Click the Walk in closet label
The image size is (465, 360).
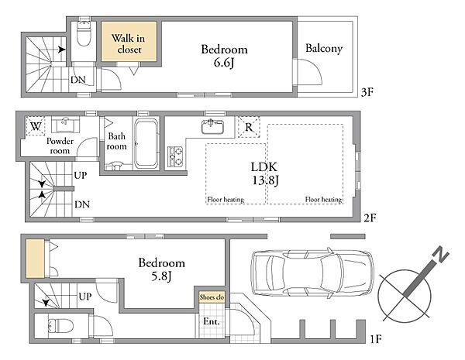tap(129, 43)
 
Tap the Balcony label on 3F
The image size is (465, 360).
tap(324, 48)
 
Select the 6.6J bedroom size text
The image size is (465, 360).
tap(224, 63)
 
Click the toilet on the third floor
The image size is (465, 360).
tap(84, 33)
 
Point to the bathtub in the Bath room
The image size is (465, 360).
tap(146, 143)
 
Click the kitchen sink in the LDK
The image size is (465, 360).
tap(212, 126)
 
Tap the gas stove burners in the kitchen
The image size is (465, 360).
tap(175, 156)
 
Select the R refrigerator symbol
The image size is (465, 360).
tap(249, 127)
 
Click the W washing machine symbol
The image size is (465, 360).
tap(36, 126)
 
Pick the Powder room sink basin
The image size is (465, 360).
tap(66, 125)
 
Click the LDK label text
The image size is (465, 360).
tap(264, 167)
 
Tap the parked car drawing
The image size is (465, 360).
tap(312, 273)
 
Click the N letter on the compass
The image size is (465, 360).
tap(440, 255)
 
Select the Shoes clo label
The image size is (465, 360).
tap(212, 297)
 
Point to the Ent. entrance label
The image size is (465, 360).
tap(211, 321)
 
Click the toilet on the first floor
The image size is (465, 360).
tap(60, 326)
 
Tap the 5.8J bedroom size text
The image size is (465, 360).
tap(161, 276)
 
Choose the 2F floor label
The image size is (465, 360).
tap(370, 218)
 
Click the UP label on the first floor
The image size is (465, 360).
tap(85, 297)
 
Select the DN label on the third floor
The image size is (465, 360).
tap(78, 80)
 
